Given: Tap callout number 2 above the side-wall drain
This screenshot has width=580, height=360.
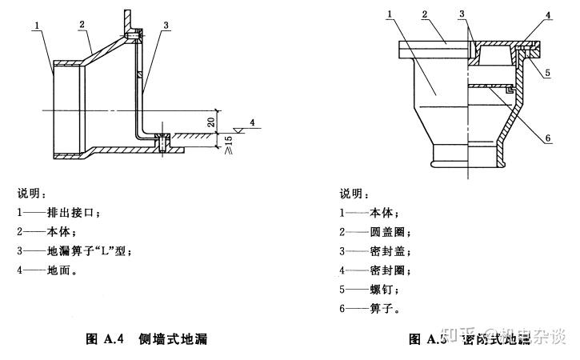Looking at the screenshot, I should (x=82, y=25).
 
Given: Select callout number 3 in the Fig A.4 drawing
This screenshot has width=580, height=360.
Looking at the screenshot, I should (x=166, y=26).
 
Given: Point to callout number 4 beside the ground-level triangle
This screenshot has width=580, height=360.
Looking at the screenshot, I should (x=251, y=122).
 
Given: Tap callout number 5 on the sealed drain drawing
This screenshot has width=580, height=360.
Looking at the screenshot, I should (x=548, y=74).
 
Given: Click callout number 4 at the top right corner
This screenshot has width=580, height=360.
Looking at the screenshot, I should (x=548, y=14).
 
